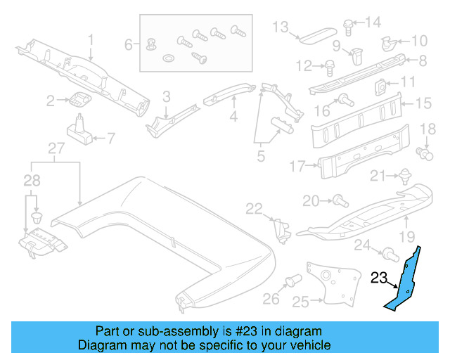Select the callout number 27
point(56,148)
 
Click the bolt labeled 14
point(349,24)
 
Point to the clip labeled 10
point(387,44)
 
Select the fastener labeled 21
point(405,176)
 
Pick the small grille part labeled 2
point(80,99)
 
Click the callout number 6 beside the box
point(129,44)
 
